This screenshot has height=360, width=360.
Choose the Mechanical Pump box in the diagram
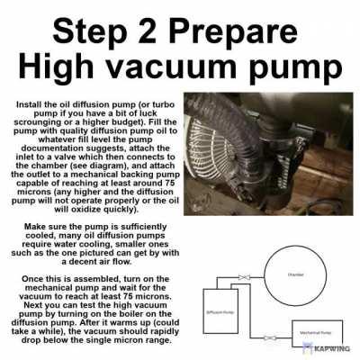(314, 331)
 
